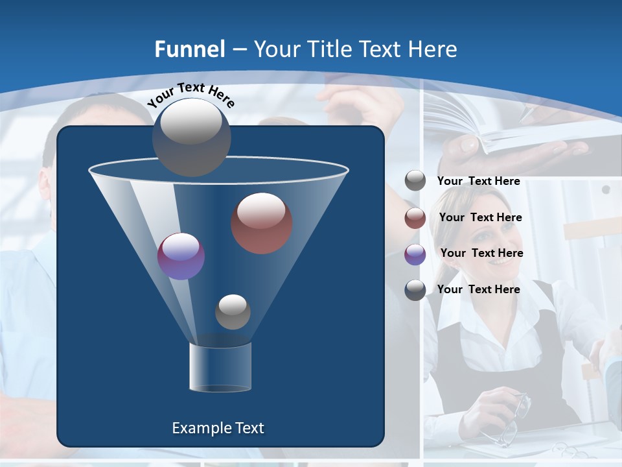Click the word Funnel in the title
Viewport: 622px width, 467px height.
click(x=189, y=49)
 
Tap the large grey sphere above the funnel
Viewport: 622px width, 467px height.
click(x=192, y=137)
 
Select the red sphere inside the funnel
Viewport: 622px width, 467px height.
click(x=262, y=223)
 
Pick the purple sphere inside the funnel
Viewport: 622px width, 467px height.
click(x=181, y=256)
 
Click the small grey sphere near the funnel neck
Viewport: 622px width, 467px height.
click(x=233, y=312)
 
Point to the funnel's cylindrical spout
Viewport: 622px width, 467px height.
click(x=220, y=367)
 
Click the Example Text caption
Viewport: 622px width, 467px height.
click(x=218, y=428)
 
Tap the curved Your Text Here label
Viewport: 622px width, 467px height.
click(x=191, y=94)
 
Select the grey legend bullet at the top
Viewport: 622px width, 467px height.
click(x=415, y=181)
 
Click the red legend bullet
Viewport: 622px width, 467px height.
click(x=415, y=218)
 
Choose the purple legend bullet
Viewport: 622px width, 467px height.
click(x=415, y=254)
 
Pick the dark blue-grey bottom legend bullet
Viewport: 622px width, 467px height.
click(x=415, y=290)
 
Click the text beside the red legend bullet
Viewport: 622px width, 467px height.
click(x=480, y=218)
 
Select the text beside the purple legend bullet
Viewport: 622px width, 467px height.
click(x=481, y=254)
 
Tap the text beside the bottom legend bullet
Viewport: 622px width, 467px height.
click(x=478, y=289)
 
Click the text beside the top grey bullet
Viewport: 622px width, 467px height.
click(x=478, y=182)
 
